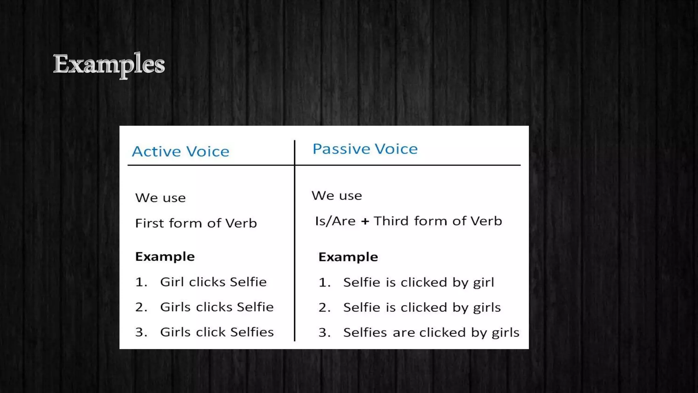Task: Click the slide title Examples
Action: pyautogui.click(x=109, y=64)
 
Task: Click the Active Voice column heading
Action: pyautogui.click(x=180, y=151)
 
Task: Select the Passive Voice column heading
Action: pyautogui.click(x=365, y=149)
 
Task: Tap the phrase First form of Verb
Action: pyautogui.click(x=196, y=223)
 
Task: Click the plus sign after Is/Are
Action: pyautogui.click(x=365, y=221)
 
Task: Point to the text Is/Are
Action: pyautogui.click(x=335, y=221)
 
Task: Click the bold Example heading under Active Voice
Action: pyautogui.click(x=165, y=257)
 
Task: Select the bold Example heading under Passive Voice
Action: pyautogui.click(x=348, y=257)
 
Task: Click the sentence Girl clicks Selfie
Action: pyautogui.click(x=213, y=282)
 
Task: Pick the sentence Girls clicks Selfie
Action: pyautogui.click(x=217, y=307)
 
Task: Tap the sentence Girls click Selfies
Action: pyautogui.click(x=217, y=332)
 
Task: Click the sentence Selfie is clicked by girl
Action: pyautogui.click(x=418, y=282)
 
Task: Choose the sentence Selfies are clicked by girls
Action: pyautogui.click(x=431, y=333)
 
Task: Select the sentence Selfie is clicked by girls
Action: pyautogui.click(x=422, y=307)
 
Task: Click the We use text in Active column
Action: pyautogui.click(x=160, y=198)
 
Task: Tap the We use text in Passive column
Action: pyautogui.click(x=336, y=196)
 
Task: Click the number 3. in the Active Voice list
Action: pyautogui.click(x=141, y=332)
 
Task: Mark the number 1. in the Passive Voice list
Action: pyautogui.click(x=324, y=282)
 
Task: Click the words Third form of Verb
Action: pyautogui.click(x=438, y=221)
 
